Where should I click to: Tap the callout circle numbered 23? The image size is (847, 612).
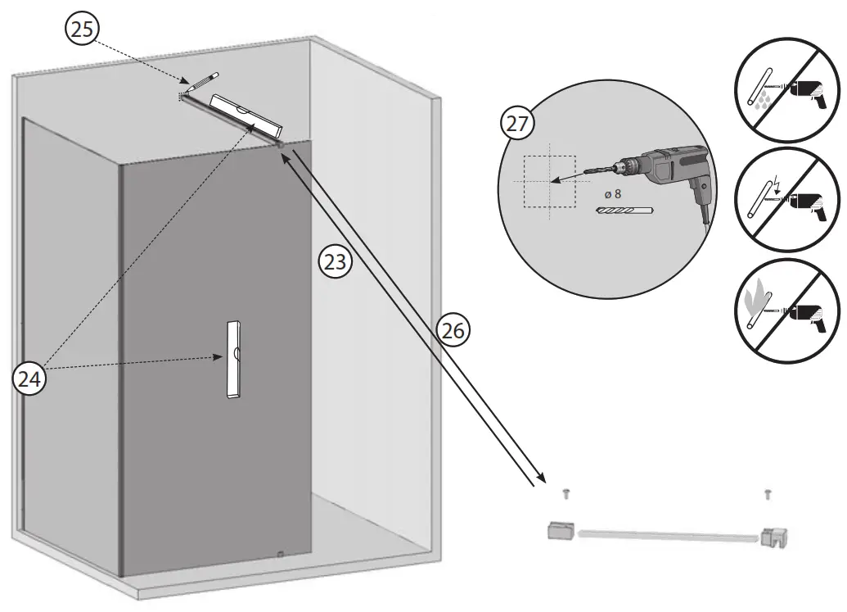(336, 262)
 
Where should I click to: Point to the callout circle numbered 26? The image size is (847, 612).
(454, 329)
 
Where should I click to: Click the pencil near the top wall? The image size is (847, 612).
(201, 81)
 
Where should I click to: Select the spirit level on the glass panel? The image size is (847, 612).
(233, 359)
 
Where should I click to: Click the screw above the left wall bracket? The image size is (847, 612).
(566, 493)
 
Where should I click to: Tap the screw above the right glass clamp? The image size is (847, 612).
(768, 493)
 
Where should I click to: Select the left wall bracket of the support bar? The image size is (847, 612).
(559, 530)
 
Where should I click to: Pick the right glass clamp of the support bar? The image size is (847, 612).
(773, 537)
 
